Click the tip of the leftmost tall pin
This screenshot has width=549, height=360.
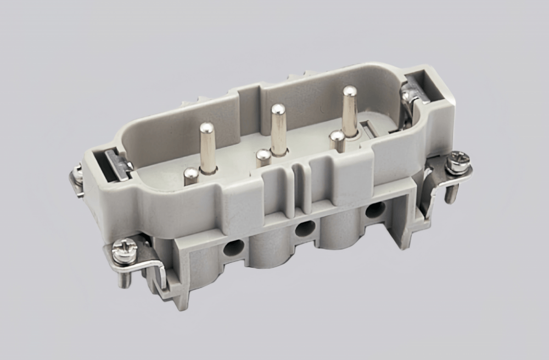click(x=207, y=129)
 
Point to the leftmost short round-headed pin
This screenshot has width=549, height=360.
click(x=191, y=175)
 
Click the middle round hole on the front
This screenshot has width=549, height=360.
click(x=305, y=229)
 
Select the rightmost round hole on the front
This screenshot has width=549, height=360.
click(x=375, y=209)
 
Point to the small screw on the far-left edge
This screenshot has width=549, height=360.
click(x=77, y=175)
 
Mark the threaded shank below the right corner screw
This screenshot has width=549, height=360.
click(x=452, y=189)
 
